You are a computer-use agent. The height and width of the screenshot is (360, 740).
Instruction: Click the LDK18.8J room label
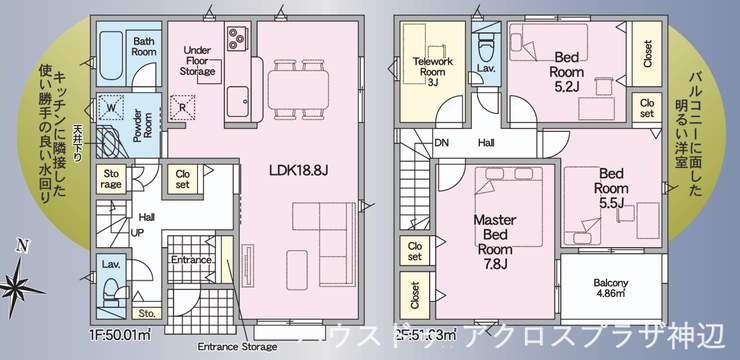[x=299, y=170]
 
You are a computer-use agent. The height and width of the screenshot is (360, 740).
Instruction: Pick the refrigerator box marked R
[x=183, y=106]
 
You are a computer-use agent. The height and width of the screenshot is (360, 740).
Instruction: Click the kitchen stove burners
[x=238, y=39]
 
